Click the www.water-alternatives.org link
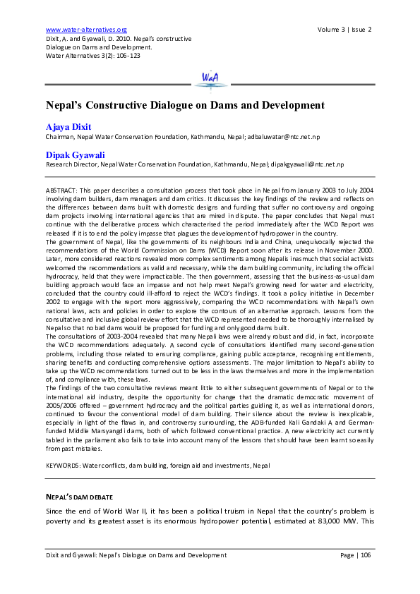click(x=85, y=30)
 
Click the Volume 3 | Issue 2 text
click(x=344, y=30)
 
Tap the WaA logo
click(x=210, y=78)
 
